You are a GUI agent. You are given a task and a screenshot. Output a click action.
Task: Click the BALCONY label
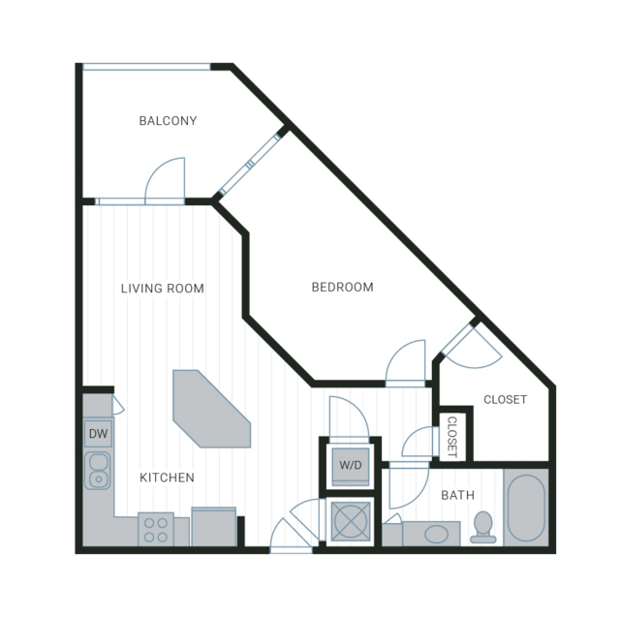(168, 120)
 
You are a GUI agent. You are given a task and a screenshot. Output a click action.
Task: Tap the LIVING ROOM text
(162, 289)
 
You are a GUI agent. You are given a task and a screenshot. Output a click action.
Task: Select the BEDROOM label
(342, 287)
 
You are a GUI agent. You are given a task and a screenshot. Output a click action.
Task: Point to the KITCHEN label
(167, 478)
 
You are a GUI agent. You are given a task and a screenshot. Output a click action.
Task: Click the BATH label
(457, 495)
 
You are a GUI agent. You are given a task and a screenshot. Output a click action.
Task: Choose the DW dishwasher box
(98, 433)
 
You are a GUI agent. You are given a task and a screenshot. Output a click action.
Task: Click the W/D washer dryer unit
(351, 467)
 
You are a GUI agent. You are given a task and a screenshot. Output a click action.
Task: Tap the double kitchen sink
(98, 471)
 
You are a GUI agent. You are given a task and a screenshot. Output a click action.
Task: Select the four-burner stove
(156, 530)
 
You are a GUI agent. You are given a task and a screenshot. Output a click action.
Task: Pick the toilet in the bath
(482, 527)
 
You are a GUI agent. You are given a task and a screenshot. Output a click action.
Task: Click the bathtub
(526, 508)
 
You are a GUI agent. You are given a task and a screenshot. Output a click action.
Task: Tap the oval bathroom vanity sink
(436, 534)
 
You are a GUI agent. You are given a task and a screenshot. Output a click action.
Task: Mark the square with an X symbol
(351, 521)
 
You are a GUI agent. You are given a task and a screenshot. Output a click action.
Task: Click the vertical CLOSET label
(451, 437)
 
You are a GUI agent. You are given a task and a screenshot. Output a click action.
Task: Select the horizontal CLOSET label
(505, 399)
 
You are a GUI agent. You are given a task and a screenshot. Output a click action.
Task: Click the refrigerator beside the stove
(213, 527)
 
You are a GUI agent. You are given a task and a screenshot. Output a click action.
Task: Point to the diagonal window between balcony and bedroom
(250, 165)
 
